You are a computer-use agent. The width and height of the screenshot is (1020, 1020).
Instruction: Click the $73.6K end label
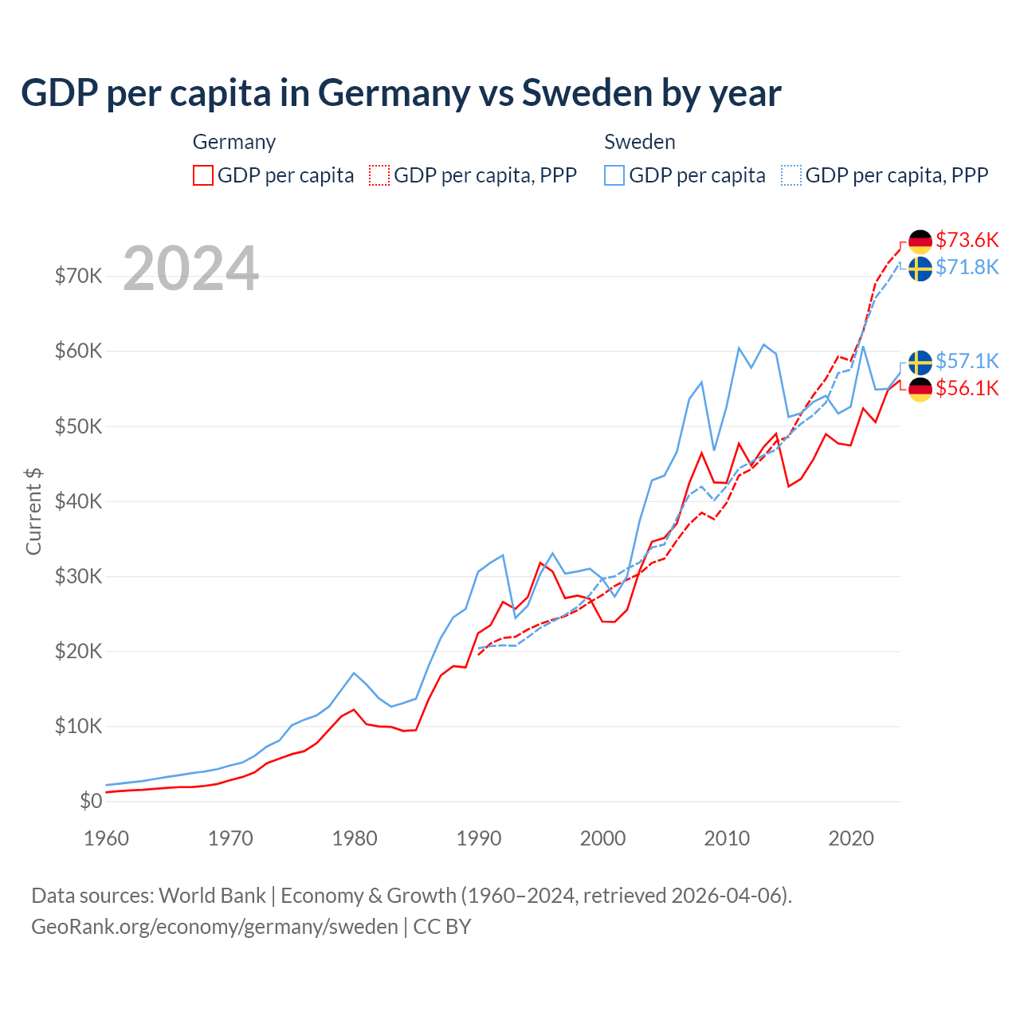pos(967,240)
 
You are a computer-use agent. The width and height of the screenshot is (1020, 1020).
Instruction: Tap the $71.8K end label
pos(967,267)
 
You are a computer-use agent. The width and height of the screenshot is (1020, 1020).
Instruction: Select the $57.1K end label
pos(967,361)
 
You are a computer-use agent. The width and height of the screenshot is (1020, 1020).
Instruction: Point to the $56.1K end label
pos(967,388)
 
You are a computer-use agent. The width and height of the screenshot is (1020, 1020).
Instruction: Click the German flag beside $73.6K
pos(920,241)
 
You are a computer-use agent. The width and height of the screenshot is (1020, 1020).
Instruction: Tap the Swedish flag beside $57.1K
pos(920,362)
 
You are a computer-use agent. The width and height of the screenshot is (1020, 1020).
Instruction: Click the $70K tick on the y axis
pos(78,277)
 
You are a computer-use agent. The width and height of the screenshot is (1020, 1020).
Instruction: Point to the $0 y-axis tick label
pos(91,801)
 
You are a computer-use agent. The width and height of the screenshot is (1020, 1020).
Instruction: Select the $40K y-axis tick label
pos(78,501)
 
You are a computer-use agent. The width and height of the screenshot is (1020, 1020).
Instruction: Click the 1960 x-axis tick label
pos(106,838)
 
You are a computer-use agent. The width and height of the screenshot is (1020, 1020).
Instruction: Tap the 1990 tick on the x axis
pos(479,838)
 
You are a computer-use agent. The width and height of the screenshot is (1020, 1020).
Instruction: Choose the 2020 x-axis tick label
pos(851,838)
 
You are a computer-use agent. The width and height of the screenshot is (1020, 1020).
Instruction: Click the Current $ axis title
pos(33,511)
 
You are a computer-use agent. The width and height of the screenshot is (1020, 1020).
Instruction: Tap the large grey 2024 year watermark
pos(191,269)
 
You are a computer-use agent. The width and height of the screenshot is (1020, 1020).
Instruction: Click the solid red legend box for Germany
pos(203,175)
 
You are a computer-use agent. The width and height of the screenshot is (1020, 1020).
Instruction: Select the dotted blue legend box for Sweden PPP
pos(791,175)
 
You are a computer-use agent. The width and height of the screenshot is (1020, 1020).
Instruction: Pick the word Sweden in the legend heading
pos(640,142)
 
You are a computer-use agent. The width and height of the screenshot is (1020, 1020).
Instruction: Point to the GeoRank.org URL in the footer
pos(214,927)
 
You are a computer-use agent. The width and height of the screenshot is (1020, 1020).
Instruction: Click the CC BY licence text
pos(442,927)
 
